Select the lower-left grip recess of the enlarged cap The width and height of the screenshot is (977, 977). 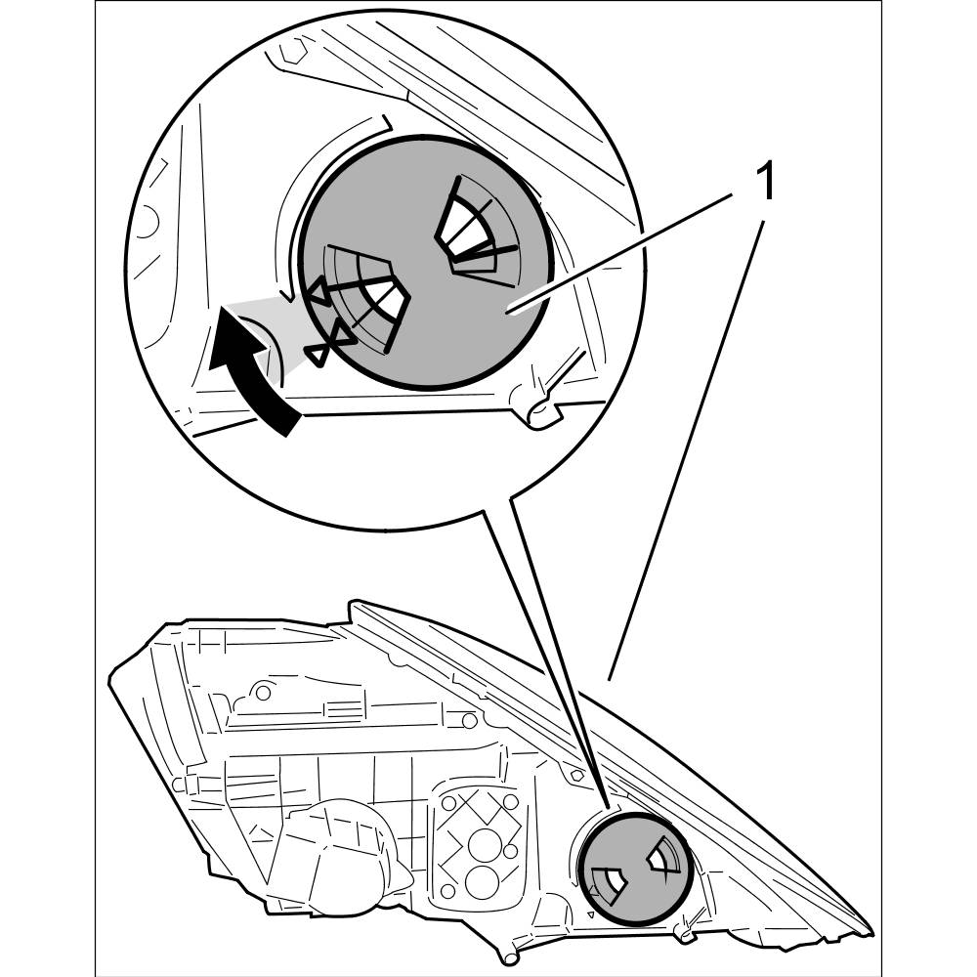point(366,298)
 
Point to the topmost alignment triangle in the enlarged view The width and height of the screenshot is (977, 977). point(319,290)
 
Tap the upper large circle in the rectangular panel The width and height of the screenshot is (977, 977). point(481,841)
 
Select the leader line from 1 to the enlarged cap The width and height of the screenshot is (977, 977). point(625,251)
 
